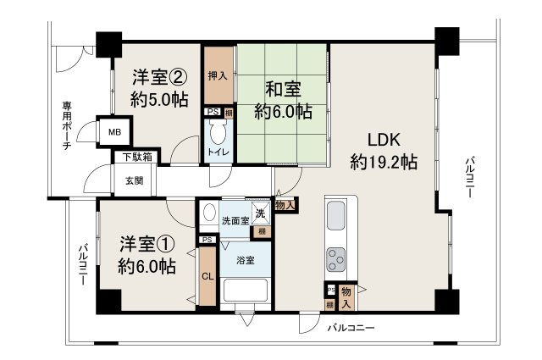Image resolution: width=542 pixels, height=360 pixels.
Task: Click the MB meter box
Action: [x=113, y=132]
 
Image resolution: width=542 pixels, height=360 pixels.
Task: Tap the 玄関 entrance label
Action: [x=134, y=180]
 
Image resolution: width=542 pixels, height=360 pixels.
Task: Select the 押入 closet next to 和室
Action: [x=218, y=75]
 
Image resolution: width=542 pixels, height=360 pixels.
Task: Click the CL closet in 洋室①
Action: [x=207, y=275]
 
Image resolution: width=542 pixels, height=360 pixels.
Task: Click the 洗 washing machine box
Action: [x=263, y=213]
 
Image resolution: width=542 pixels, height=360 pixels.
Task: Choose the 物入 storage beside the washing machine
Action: [x=286, y=204]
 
